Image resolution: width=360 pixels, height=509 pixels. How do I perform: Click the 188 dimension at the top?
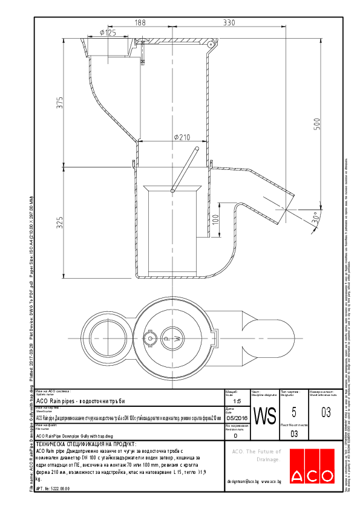(140, 22)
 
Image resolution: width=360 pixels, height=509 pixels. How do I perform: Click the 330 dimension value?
(229, 22)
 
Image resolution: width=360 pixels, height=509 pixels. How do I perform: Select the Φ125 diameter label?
(107, 33)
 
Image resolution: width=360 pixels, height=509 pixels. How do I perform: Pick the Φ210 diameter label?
(182, 137)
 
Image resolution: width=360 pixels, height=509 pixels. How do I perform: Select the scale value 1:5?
(236, 401)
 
